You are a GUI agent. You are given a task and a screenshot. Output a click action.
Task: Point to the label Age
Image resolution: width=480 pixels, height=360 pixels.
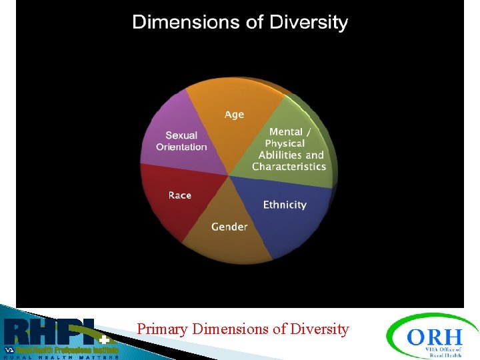(234, 115)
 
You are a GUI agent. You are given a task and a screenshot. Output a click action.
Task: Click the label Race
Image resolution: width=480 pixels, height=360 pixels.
(180, 195)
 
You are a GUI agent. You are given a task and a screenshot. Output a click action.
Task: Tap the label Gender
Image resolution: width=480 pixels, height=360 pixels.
(229, 227)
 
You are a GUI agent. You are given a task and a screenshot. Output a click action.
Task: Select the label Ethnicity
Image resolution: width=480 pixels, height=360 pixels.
(285, 205)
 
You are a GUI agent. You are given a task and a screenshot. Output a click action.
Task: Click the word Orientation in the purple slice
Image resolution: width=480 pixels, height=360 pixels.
(181, 147)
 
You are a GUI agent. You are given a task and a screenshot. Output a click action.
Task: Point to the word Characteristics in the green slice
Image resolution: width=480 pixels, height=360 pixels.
(289, 167)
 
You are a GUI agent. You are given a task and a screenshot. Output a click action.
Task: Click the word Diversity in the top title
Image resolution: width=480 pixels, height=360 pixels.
(309, 22)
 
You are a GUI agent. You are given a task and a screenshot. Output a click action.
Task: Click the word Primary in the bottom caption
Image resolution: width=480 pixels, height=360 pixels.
(163, 329)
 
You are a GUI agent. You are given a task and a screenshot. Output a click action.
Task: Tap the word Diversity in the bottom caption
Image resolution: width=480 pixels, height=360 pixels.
(319, 329)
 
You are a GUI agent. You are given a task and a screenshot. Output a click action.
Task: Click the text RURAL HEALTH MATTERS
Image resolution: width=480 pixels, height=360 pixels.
(60, 357)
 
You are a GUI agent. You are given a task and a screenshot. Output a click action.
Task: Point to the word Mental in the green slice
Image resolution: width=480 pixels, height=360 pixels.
(286, 132)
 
